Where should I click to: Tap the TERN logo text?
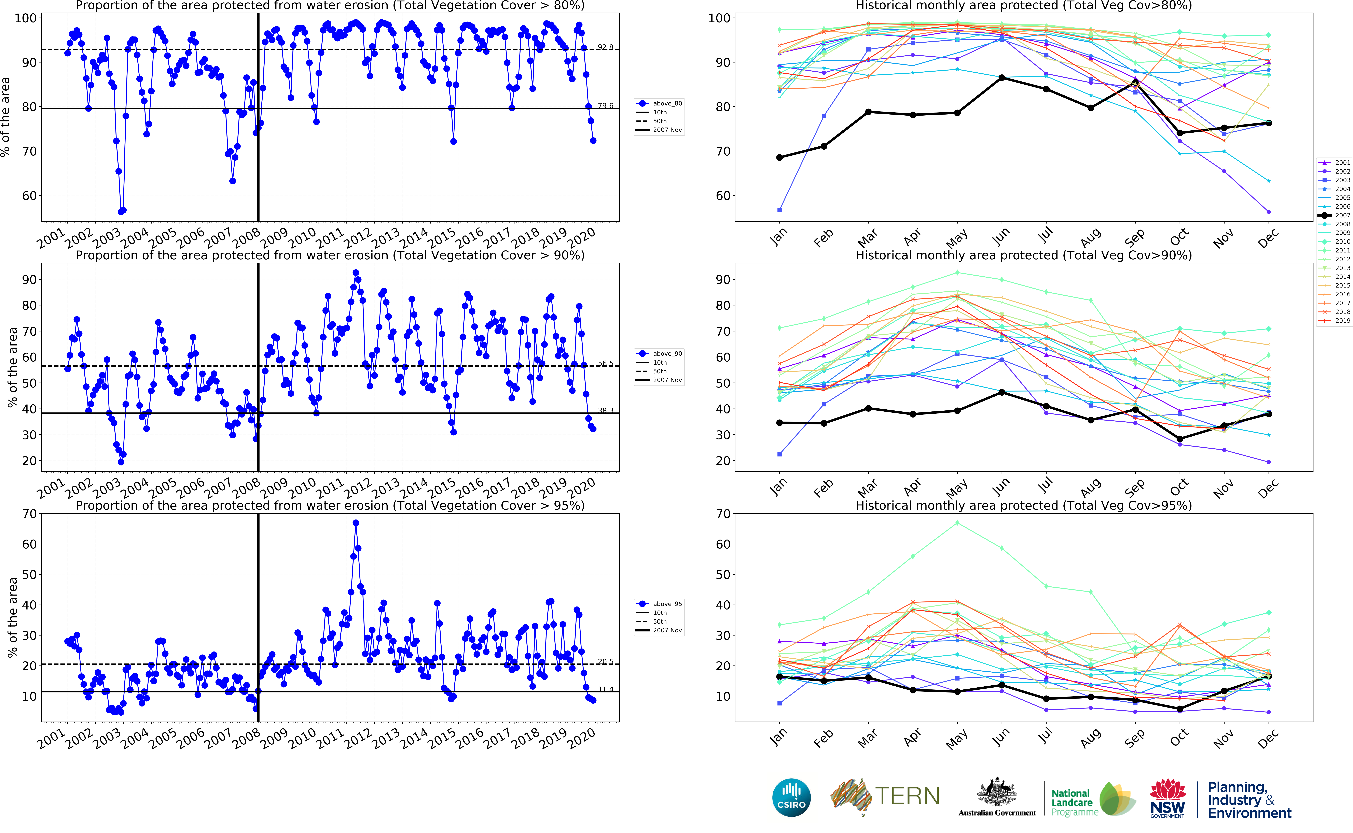point(907,796)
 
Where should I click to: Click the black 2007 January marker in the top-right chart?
point(779,158)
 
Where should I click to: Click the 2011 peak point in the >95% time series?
point(356,523)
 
